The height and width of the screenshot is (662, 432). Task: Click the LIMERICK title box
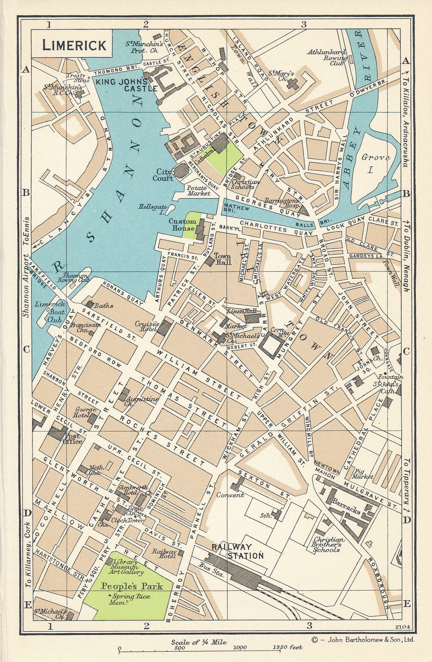pos(74,45)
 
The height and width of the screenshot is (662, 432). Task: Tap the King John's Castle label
pos(126,85)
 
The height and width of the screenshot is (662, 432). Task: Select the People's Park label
pos(131,586)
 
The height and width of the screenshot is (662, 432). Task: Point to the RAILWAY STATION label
pos(237,551)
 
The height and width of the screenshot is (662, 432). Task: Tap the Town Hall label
pos(222,259)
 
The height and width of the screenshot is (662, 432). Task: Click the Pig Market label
pos(362,473)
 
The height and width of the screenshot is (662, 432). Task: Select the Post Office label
pos(72,438)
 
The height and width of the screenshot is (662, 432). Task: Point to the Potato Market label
pos(198,190)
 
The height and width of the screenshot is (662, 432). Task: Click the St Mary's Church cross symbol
pos(292,84)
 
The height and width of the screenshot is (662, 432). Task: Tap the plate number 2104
pos(402,627)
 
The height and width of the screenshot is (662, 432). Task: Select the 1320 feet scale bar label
pos(287,647)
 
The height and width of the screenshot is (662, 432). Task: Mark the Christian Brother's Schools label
pos(329,545)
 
